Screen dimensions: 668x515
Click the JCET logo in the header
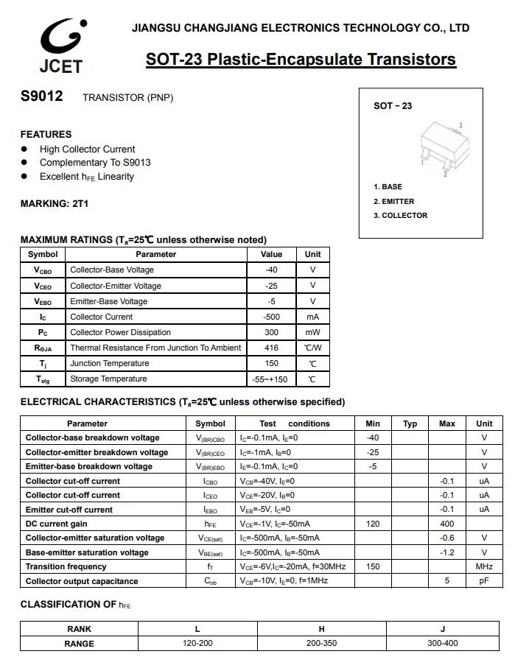(61, 46)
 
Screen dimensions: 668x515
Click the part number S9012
(41, 96)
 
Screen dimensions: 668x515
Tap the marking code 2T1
(80, 203)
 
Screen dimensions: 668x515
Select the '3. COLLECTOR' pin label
(400, 215)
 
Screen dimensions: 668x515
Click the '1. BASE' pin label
(388, 186)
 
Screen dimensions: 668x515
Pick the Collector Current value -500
(271, 317)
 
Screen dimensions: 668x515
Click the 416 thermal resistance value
(271, 348)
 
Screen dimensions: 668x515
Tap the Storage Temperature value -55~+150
(271, 379)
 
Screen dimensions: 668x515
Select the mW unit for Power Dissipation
(312, 332)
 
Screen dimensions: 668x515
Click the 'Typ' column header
(410, 423)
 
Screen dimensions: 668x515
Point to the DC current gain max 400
(446, 524)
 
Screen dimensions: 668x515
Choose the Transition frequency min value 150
(373, 566)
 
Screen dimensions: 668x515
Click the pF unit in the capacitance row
(484, 581)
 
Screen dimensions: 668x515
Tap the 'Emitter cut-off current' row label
(69, 510)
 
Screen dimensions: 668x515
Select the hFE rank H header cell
(321, 629)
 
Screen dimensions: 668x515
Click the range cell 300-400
(443, 643)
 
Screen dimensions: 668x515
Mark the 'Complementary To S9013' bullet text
(95, 162)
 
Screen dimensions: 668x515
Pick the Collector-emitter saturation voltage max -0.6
(446, 538)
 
